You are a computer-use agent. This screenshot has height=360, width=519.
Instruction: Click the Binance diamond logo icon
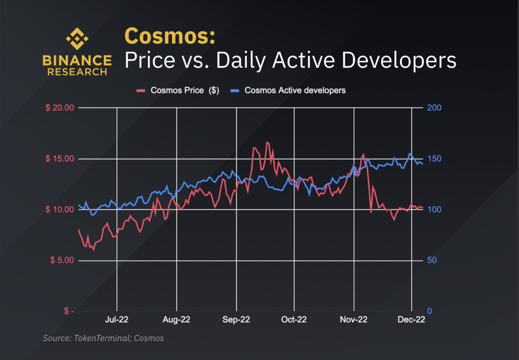[77, 39]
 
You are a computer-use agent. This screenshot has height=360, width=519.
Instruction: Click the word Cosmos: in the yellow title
[170, 36]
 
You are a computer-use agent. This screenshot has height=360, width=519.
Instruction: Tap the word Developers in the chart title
[399, 60]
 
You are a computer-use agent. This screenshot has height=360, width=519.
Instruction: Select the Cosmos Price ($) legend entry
[178, 90]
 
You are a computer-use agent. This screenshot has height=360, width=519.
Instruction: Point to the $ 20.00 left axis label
[60, 108]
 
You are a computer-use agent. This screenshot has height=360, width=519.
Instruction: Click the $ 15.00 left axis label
[60, 159]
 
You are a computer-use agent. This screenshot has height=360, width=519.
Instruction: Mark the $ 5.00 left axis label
[62, 260]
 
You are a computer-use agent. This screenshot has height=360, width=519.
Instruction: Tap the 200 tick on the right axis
[434, 108]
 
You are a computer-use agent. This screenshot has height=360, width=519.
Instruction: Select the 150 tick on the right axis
[434, 159]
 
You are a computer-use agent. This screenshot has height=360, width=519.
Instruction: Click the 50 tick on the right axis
[432, 260]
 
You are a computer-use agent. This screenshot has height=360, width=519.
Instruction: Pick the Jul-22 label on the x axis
[117, 320]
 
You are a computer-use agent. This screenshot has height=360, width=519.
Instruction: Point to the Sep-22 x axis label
[236, 320]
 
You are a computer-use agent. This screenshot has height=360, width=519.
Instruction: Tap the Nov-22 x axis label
[353, 320]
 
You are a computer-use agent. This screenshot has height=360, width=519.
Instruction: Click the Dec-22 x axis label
[411, 320]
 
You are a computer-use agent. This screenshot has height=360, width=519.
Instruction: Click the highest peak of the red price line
[267, 142]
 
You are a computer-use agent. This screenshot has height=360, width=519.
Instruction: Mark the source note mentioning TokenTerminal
[103, 338]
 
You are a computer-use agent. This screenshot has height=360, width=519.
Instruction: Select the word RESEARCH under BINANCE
[77, 72]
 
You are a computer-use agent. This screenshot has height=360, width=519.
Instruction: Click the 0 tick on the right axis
[429, 311]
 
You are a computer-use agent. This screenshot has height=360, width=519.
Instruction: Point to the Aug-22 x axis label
[176, 320]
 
